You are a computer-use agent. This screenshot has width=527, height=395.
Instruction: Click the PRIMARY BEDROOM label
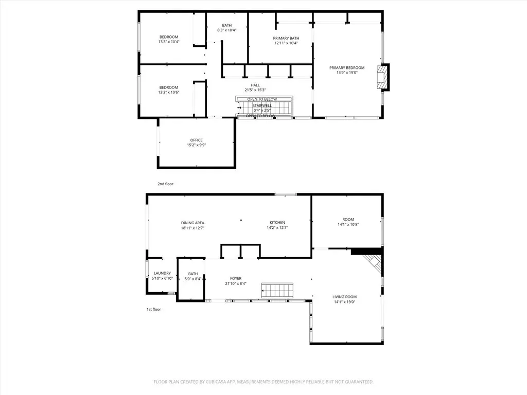click(x=346, y=68)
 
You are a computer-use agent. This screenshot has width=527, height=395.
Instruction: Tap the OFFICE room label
click(x=196, y=140)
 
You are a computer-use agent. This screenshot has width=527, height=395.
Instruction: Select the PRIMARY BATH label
click(x=286, y=38)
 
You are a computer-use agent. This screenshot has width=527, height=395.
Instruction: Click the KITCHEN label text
click(x=277, y=223)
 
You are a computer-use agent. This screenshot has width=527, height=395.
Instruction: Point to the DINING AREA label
click(x=192, y=223)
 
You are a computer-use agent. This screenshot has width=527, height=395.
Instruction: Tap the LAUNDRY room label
click(x=162, y=274)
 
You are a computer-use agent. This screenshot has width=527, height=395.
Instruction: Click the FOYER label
click(x=236, y=278)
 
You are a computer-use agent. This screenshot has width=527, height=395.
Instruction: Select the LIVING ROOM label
click(x=344, y=297)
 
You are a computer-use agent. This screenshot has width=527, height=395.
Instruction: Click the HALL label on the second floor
click(x=255, y=85)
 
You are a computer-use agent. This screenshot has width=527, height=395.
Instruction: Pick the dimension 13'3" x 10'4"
click(x=169, y=42)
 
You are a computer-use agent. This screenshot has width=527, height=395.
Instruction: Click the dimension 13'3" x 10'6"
click(x=169, y=93)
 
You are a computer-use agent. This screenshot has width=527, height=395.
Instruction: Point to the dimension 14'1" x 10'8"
click(x=348, y=225)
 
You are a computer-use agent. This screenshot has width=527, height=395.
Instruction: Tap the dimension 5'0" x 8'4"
click(x=193, y=279)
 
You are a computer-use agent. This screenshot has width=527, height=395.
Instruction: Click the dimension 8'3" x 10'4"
click(x=227, y=30)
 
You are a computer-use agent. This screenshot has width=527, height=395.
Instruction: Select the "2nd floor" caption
click(x=165, y=184)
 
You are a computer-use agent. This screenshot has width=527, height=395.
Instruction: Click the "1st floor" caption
click(x=153, y=309)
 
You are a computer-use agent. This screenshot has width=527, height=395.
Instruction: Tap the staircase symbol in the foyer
click(x=277, y=290)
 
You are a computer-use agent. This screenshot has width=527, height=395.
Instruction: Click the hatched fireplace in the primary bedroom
click(x=382, y=77)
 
